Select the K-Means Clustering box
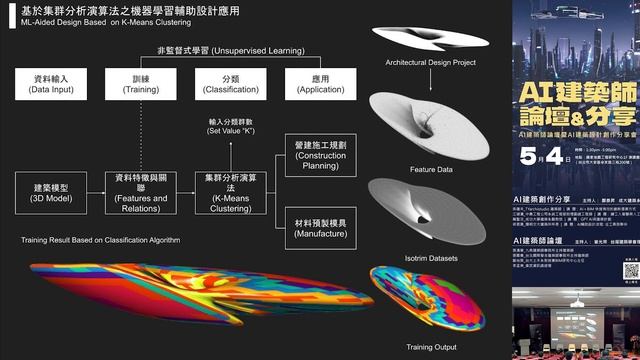[x=229, y=194]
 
